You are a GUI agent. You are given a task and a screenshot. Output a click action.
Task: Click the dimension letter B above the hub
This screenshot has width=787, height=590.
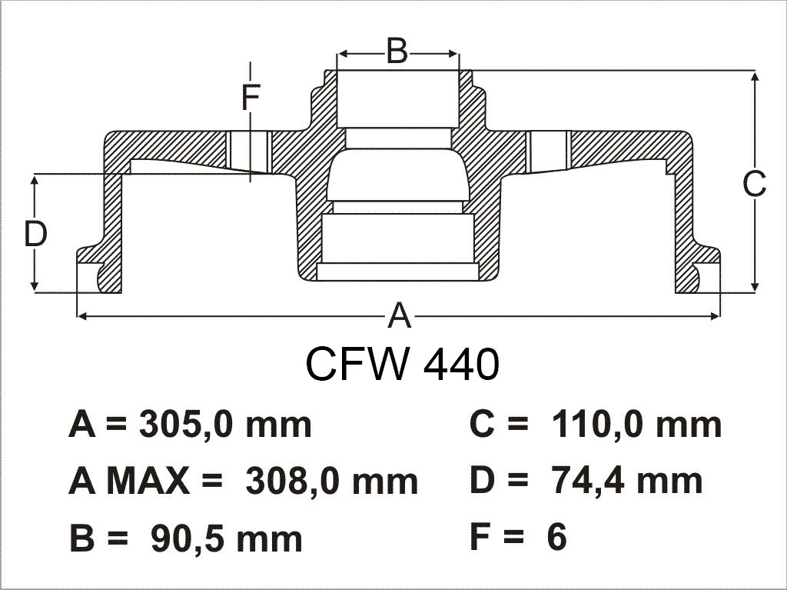pyautogui.click(x=397, y=51)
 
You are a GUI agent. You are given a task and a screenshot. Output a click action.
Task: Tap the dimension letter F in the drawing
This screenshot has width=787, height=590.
pyautogui.click(x=251, y=98)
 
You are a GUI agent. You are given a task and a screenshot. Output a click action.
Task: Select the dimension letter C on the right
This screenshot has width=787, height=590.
pyautogui.click(x=755, y=183)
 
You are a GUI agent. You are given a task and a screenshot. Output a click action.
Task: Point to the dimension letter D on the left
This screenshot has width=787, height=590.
pyautogui.click(x=35, y=234)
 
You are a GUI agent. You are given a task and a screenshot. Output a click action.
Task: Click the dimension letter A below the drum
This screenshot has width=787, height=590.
pyautogui.click(x=400, y=315)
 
